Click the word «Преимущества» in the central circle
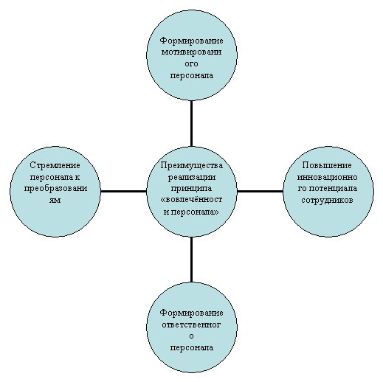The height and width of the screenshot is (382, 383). pyautogui.click(x=192, y=165)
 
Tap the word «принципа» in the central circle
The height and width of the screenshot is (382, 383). pyautogui.click(x=191, y=189)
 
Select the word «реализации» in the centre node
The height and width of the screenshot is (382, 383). pyautogui.click(x=192, y=177)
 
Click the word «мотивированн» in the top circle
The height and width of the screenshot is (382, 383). pyautogui.click(x=191, y=52)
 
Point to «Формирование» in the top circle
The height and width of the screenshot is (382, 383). pyautogui.click(x=192, y=41)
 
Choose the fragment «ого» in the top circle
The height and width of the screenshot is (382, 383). pyautogui.click(x=191, y=64)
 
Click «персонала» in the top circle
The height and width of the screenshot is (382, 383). pyautogui.click(x=192, y=75)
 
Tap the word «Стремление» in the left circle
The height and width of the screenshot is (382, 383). pyautogui.click(x=55, y=165)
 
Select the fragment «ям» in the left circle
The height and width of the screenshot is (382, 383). pyautogui.click(x=55, y=200)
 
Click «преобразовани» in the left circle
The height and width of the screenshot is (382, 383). pyautogui.click(x=55, y=189)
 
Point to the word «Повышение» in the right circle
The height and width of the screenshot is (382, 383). pyautogui.click(x=327, y=165)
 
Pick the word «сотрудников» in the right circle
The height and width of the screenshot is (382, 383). pyautogui.click(x=327, y=201)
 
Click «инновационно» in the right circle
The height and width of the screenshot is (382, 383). pyautogui.click(x=327, y=177)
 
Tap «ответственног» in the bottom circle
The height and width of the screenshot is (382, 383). pyautogui.click(x=191, y=324)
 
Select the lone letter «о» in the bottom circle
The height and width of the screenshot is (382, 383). pyautogui.click(x=191, y=336)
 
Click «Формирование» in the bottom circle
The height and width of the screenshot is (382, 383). pyautogui.click(x=192, y=313)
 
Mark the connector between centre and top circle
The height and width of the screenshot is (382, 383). pyautogui.click(x=191, y=123)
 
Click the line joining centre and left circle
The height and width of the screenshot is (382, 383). pyautogui.click(x=123, y=191)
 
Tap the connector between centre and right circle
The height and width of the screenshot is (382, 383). pyautogui.click(x=260, y=191)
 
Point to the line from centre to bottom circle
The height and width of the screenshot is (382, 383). pyautogui.click(x=191, y=260)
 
